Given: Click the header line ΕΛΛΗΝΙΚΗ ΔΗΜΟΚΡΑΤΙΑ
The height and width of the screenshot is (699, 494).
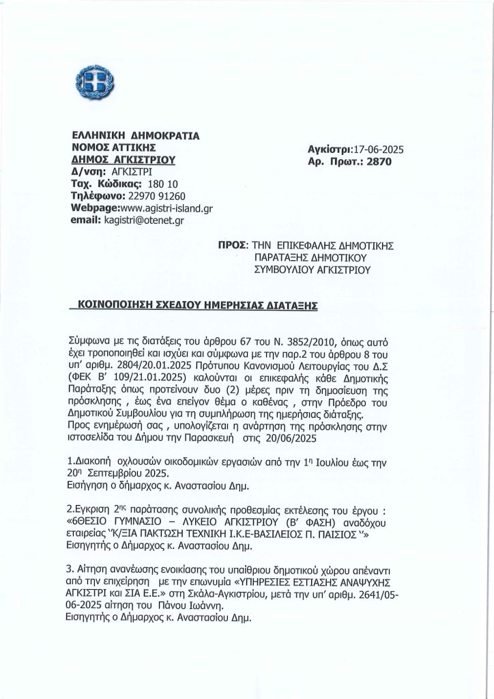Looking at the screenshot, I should tap(135, 135).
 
